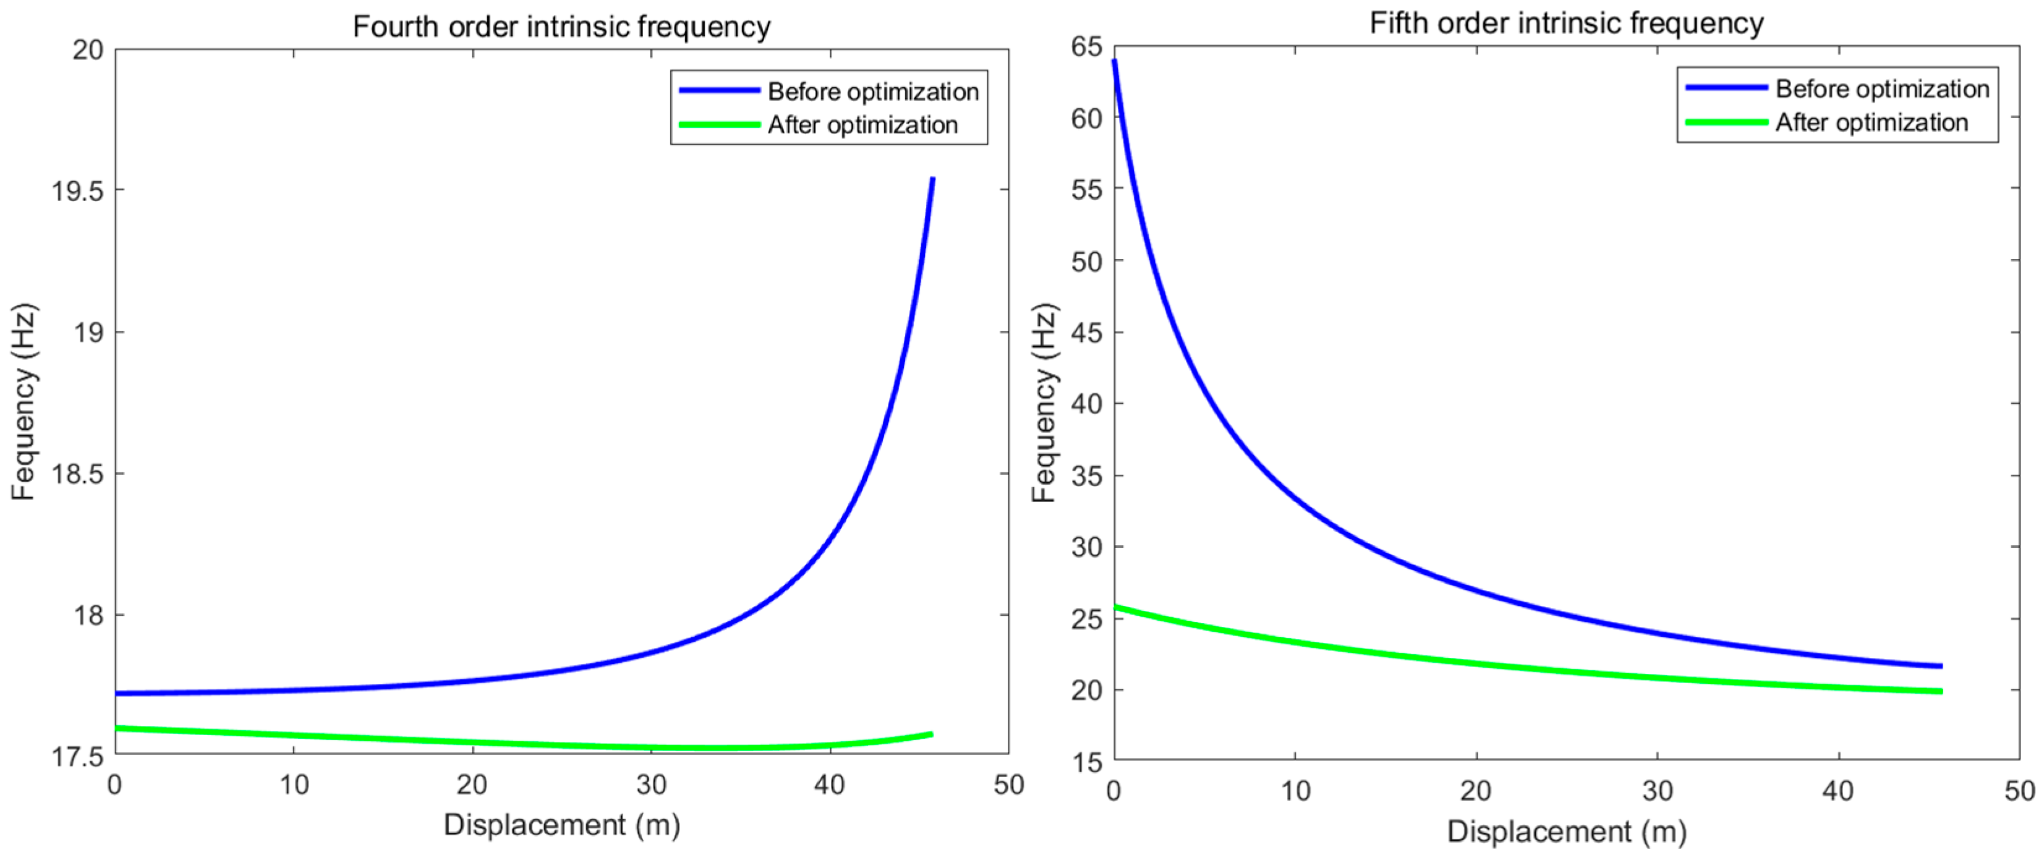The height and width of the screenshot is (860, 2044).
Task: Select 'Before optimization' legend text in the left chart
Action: (873, 92)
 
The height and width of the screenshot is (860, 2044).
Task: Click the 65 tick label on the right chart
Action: (1086, 47)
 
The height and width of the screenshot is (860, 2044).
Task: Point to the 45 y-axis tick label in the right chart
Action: (1086, 333)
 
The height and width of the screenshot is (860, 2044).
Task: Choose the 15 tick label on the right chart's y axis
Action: (1086, 762)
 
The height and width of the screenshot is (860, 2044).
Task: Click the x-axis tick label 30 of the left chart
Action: (650, 785)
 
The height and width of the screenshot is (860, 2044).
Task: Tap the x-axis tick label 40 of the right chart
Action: (1837, 791)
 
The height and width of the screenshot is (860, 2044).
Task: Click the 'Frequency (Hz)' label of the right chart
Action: (1044, 402)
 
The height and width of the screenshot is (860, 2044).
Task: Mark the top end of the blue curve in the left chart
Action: (933, 179)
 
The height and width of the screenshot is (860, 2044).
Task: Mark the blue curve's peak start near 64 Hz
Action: (1114, 61)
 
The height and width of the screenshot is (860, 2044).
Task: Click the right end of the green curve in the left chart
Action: (932, 734)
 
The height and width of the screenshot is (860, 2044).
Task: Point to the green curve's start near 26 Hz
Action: (1115, 608)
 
